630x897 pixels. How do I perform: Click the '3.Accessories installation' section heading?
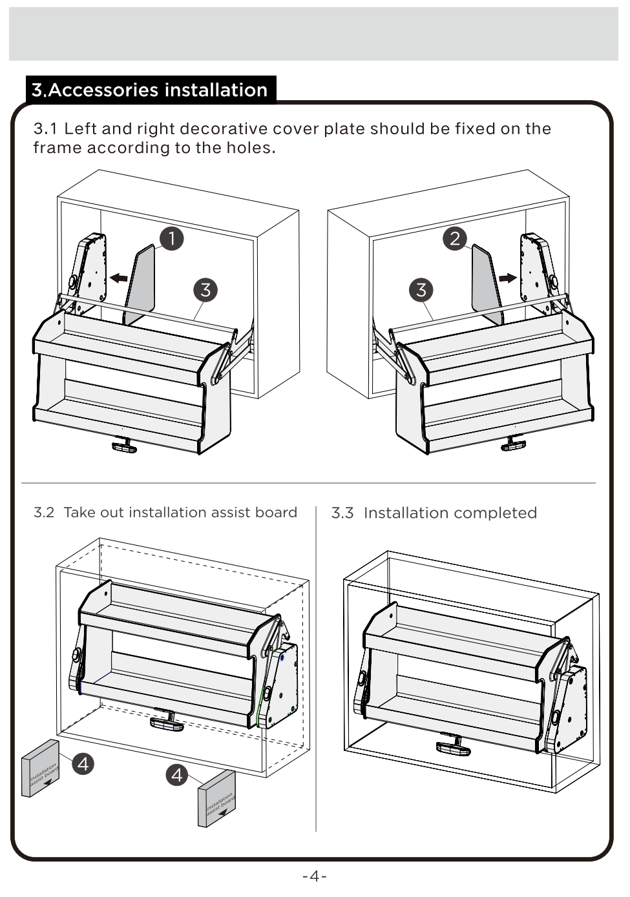150,90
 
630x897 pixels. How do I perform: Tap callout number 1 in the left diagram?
171,238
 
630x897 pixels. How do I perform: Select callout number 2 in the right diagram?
455,238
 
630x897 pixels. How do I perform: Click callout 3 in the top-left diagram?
205,289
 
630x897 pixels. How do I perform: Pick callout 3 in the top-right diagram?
421,289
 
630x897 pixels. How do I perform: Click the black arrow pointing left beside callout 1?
118,278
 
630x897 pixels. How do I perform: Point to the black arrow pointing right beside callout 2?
508,278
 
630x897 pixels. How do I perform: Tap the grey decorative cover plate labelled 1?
141,284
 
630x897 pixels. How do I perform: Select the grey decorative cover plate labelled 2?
486,284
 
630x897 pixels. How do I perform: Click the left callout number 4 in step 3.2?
83,764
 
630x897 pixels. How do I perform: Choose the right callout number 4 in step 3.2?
177,774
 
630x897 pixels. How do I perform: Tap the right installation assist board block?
216,799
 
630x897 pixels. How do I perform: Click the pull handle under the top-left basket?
125,445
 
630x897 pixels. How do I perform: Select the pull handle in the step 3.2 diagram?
167,721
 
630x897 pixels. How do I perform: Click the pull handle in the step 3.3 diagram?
454,745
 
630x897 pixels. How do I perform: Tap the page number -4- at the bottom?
315,876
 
